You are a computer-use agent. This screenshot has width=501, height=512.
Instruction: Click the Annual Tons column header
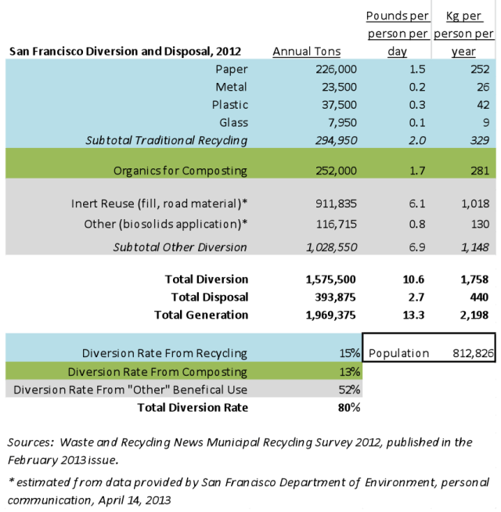coord(307,52)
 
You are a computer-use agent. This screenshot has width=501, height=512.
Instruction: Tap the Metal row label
coord(231,87)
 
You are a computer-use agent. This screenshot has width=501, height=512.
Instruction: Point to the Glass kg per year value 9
coord(485,122)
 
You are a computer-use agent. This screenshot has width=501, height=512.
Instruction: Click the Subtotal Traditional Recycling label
coord(180,140)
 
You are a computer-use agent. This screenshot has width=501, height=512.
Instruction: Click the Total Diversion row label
coord(207,279)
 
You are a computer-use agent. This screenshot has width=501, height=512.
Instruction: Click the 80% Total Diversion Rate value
coord(349,407)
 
